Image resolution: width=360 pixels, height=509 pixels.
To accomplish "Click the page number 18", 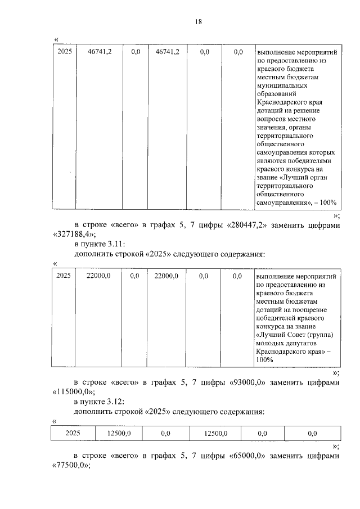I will click(x=198, y=22).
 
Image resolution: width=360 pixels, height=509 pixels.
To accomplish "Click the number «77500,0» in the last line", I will click(x=71, y=465).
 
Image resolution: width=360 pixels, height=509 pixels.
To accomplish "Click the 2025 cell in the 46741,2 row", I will click(x=65, y=52).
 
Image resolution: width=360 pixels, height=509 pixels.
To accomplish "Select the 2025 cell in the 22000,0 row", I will click(x=65, y=276).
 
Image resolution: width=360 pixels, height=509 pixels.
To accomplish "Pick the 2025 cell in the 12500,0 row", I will click(x=73, y=433).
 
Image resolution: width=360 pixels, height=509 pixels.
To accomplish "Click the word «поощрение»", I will click(x=312, y=310).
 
